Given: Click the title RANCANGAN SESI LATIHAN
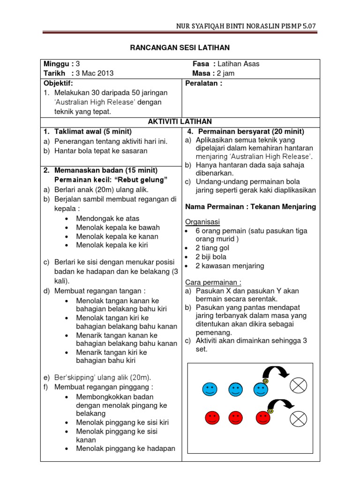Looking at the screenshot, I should tap(180, 48).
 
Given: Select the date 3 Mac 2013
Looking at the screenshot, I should tap(95, 73).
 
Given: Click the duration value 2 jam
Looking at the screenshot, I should tap(226, 73).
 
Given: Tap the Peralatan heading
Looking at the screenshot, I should tap(204, 83).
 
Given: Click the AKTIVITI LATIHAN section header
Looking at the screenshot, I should tap(180, 121).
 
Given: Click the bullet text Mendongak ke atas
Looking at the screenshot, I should tap(107, 218).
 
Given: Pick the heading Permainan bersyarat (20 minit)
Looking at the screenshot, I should tap(250, 131).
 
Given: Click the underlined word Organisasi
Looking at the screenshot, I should tap(202, 222).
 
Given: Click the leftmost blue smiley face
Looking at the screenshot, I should tap(210, 389).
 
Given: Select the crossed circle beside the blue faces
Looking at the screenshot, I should tap(299, 386).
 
